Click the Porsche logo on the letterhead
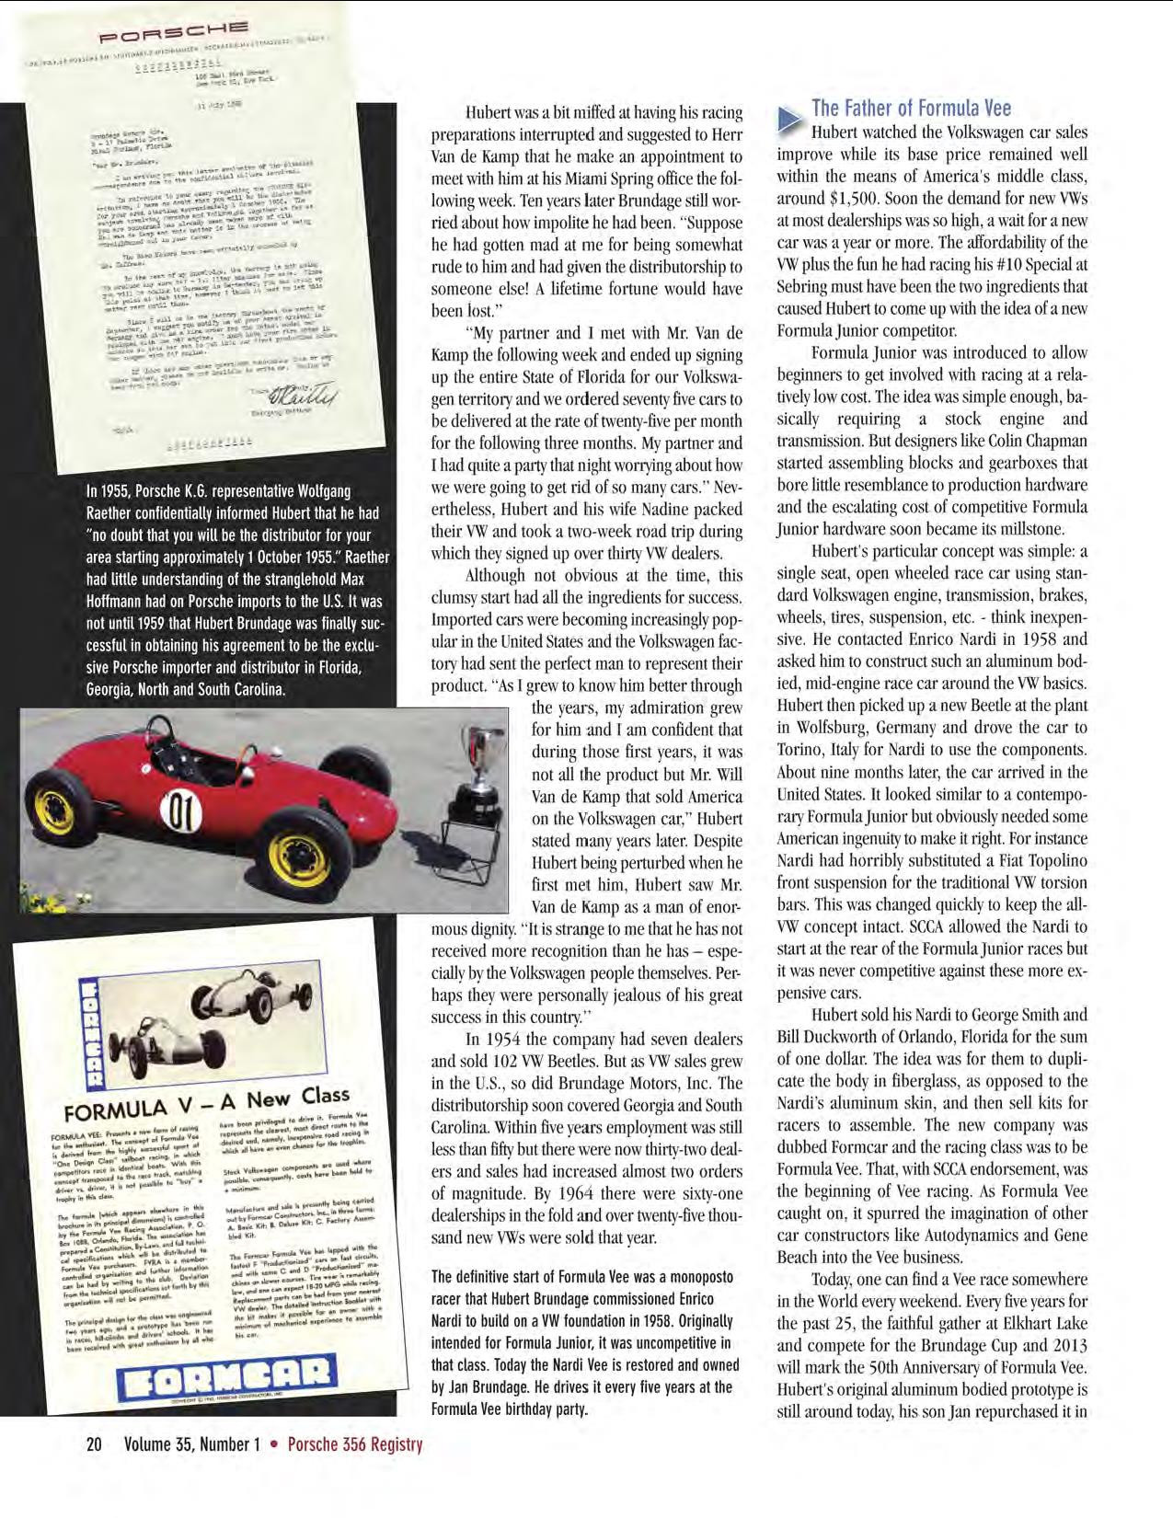pyautogui.click(x=173, y=35)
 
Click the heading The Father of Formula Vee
pyautogui.click(x=911, y=108)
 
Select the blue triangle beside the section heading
pyautogui.click(x=788, y=118)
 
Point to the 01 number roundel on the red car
pyautogui.click(x=182, y=812)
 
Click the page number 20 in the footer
pyautogui.click(x=94, y=1444)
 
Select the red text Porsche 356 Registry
pyautogui.click(x=355, y=1444)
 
